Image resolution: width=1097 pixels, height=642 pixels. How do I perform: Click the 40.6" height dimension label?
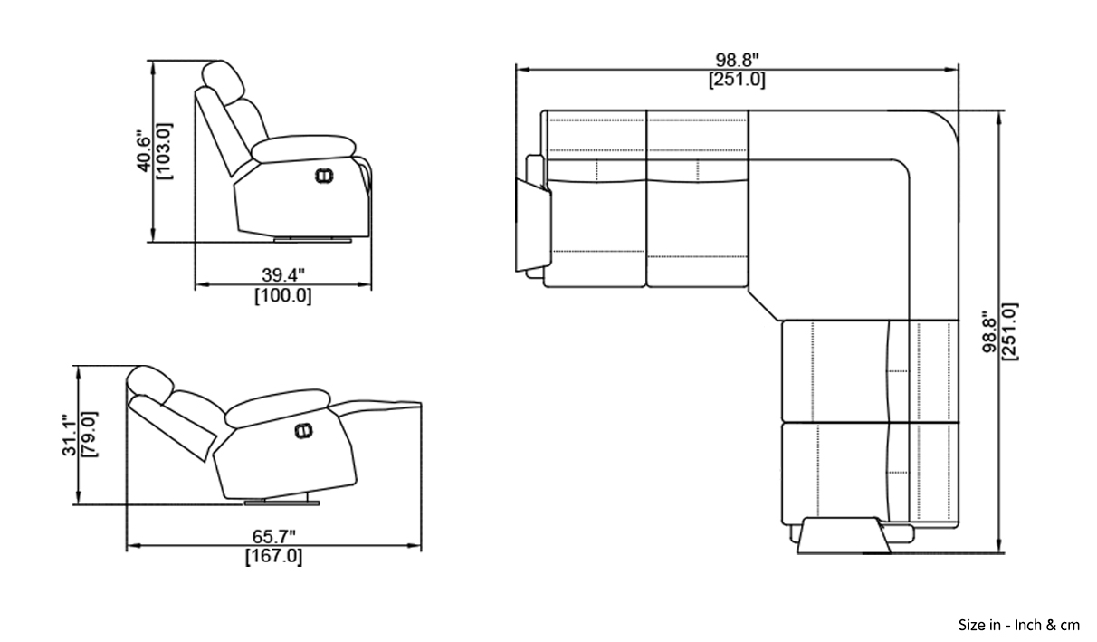(x=144, y=151)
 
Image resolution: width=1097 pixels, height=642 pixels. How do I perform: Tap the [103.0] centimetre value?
(x=164, y=151)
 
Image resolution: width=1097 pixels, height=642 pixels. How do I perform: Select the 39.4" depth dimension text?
(x=283, y=275)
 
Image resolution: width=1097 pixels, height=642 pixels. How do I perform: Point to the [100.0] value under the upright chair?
(x=283, y=295)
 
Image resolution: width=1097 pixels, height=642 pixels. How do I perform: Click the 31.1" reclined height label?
(x=69, y=436)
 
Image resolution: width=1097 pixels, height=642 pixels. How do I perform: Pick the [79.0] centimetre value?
(x=90, y=435)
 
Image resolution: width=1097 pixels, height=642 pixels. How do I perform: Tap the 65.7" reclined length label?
(x=273, y=537)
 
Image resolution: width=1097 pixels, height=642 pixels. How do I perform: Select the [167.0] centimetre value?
(x=273, y=556)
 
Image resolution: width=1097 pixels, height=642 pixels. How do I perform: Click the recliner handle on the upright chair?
(x=324, y=176)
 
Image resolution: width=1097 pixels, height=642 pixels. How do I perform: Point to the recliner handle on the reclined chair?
(x=303, y=431)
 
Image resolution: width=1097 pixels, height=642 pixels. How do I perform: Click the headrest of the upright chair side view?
(x=223, y=81)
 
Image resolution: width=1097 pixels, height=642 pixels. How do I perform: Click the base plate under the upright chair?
(x=312, y=240)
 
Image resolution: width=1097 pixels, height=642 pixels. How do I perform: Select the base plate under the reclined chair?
(x=282, y=503)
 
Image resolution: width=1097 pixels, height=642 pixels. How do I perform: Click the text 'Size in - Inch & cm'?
(x=1018, y=626)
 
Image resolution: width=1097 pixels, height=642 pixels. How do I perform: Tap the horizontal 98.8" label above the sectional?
(x=737, y=61)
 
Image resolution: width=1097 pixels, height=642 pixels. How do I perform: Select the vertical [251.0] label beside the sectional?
(x=1010, y=331)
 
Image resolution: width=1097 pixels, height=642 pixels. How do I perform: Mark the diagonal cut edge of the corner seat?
(x=764, y=306)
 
